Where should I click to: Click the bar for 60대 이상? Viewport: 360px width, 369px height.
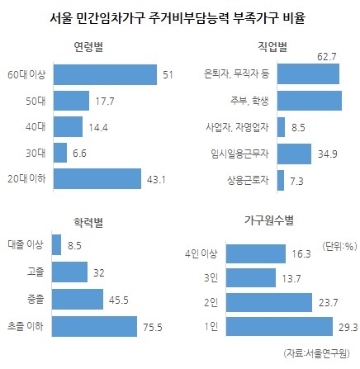(105, 74)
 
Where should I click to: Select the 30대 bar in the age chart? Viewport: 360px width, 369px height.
(60, 153)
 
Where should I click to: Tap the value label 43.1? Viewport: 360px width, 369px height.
(156, 180)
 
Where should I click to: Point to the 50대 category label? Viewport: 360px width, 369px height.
(36, 101)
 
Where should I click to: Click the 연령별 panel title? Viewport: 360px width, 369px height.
(88, 47)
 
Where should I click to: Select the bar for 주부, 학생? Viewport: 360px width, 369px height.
(310, 101)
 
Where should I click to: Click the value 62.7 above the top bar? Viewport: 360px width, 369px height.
(327, 57)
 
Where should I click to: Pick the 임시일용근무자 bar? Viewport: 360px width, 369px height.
(294, 154)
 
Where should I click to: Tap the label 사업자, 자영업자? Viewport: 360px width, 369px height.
(237, 127)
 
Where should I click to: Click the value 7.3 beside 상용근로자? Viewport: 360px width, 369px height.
(296, 182)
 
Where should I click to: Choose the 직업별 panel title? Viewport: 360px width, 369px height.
(272, 46)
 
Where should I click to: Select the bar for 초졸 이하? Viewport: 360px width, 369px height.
(94, 326)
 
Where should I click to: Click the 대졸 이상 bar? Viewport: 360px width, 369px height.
(57, 244)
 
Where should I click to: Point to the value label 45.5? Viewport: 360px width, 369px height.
(119, 300)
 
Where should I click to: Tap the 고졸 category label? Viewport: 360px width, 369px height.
(36, 272)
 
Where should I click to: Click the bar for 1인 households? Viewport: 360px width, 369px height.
(279, 327)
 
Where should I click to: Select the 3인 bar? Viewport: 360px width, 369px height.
(251, 278)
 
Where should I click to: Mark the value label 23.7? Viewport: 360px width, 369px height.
(328, 303)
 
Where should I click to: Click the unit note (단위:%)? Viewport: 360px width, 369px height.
(339, 246)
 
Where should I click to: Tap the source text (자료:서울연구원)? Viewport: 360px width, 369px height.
(316, 353)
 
